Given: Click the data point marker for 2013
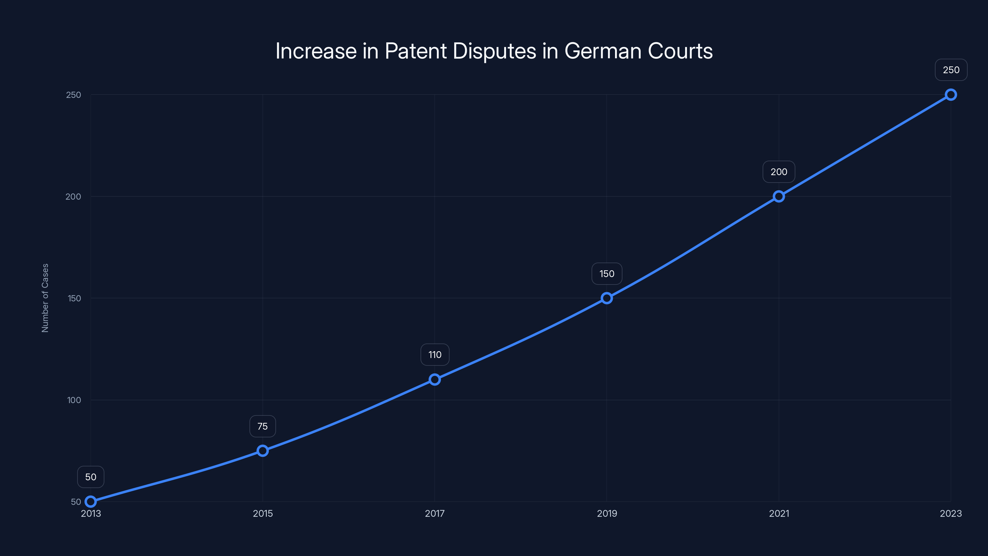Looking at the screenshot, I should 90,502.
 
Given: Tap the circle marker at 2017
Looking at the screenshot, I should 434,380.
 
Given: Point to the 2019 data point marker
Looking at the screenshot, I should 607,298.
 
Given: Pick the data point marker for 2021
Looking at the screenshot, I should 779,196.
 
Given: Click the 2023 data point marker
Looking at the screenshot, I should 951,95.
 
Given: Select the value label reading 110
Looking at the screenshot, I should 435,355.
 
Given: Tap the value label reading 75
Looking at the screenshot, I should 263,426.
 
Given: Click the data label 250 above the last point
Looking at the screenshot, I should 951,70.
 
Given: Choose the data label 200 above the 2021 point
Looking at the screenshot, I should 779,172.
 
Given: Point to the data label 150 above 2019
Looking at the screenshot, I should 607,274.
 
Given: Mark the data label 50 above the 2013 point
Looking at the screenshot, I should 90,477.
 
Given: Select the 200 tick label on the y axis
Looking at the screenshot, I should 73,196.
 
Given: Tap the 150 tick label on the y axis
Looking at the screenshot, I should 74,298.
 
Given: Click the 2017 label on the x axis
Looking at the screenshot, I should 434,513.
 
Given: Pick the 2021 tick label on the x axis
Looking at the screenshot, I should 779,513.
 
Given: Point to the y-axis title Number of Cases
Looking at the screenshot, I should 45,298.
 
